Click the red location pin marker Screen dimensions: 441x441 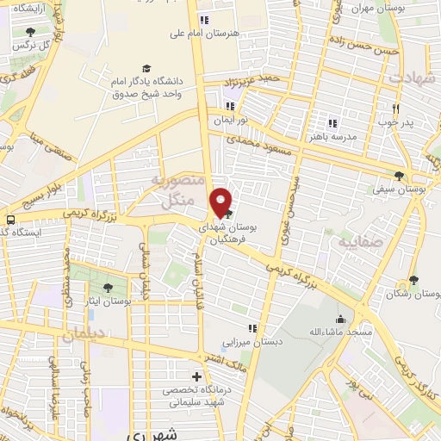pyautogui.click(x=222, y=202)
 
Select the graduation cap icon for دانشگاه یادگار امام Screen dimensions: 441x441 pyautogui.click(x=146, y=69)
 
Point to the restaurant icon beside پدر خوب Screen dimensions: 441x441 pyautogui.click(x=395, y=109)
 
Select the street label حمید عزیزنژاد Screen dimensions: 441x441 pyautogui.click(x=250, y=79)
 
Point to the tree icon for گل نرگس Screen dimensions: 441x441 pyautogui.click(x=30, y=33)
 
